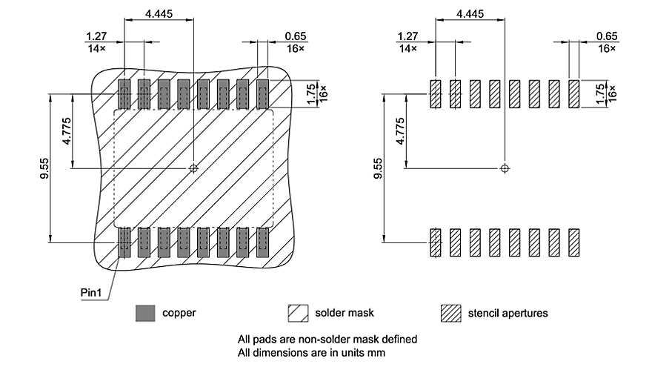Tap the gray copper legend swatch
[x=144, y=313]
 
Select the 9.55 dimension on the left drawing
[x=45, y=168]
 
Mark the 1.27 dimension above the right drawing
[x=407, y=36]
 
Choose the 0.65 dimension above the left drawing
[x=295, y=36]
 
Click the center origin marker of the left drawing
[x=193, y=168]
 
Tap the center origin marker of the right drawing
[x=505, y=168]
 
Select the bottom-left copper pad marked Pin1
[x=124, y=242]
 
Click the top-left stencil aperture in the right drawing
[x=436, y=94]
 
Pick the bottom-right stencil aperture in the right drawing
[x=573, y=242]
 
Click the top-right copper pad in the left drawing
[x=262, y=94]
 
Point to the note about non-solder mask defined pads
[x=327, y=339]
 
